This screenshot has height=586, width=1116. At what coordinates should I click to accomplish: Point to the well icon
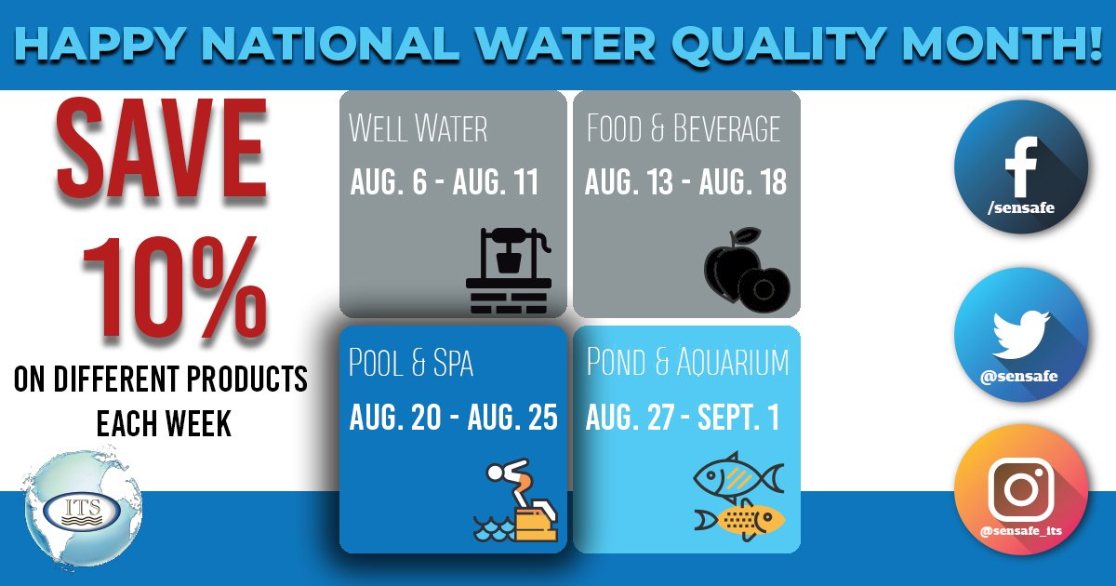[508, 270]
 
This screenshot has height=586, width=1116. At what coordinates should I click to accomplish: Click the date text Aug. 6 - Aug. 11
[444, 182]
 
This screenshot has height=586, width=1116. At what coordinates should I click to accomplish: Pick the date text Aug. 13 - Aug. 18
[685, 182]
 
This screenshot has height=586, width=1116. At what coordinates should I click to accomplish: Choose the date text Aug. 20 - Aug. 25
[453, 419]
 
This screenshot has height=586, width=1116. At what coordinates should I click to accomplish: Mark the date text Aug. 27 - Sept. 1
[682, 419]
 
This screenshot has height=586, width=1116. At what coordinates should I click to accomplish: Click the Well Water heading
[418, 128]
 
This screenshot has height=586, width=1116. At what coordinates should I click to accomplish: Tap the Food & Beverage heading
[684, 128]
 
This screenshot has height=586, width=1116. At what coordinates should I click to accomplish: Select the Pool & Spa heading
[410, 364]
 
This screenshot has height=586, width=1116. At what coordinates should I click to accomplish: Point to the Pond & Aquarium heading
[687, 363]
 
